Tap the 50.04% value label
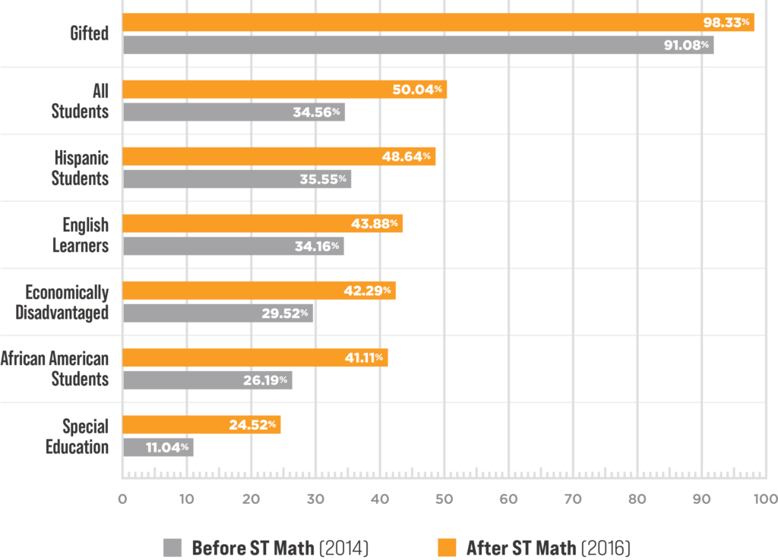pyautogui.click(x=417, y=90)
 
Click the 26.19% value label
pyautogui.click(x=265, y=379)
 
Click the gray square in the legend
pyautogui.click(x=172, y=548)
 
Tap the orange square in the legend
pyautogui.click(x=447, y=548)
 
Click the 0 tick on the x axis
pyautogui.click(x=122, y=499)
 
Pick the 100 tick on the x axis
pyautogui.click(x=765, y=499)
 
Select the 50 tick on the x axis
pyautogui.click(x=444, y=499)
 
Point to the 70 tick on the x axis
pyautogui.click(x=573, y=499)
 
